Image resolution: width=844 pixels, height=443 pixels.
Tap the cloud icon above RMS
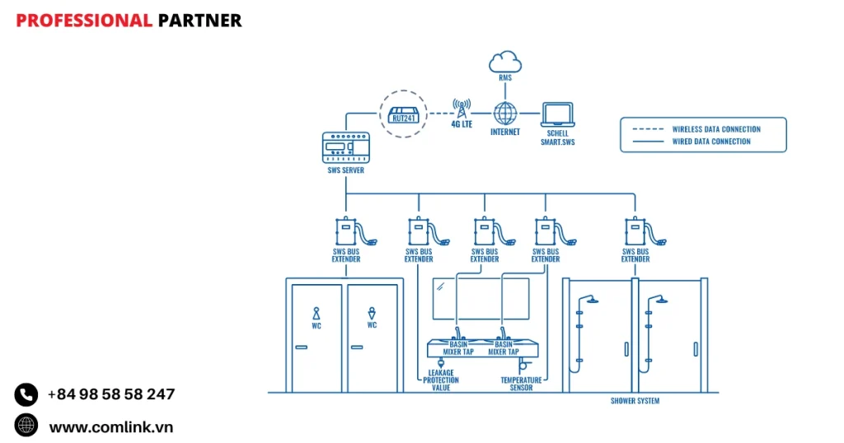(504, 61)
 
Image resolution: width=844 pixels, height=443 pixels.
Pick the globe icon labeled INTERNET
(504, 113)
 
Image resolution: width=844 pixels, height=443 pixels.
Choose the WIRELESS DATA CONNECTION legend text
(715, 129)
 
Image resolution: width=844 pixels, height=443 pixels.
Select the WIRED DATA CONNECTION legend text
(711, 142)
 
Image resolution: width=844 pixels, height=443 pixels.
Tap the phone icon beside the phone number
(26, 394)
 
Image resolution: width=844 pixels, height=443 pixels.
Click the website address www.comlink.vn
(111, 427)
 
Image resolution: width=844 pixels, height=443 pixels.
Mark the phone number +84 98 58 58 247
(111, 394)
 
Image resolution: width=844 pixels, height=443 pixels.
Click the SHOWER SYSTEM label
(635, 401)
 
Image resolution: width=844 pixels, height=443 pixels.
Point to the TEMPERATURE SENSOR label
(521, 384)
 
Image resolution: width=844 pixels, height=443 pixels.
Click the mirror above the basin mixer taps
(481, 298)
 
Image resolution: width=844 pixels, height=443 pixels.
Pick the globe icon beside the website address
(26, 425)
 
